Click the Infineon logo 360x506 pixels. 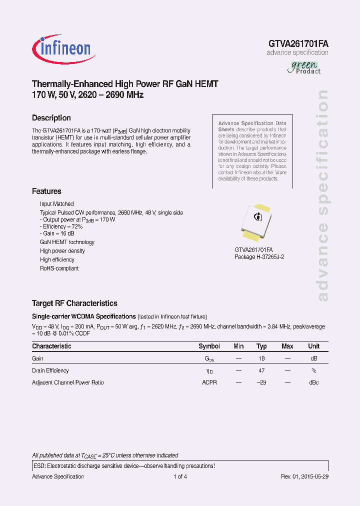[x=62, y=48]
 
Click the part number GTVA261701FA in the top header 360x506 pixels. [x=298, y=43]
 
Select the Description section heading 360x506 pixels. [x=51, y=118]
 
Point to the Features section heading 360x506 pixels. [x=46, y=191]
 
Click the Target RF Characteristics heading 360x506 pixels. [x=74, y=303]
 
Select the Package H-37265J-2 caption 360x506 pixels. [x=259, y=256]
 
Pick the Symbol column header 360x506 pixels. [x=209, y=346]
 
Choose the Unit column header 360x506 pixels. [x=313, y=346]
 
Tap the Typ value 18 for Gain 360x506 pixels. [x=261, y=358]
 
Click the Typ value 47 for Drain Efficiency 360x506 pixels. [x=261, y=370]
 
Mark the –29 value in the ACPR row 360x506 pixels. [x=261, y=382]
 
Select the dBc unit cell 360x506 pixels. [x=313, y=382]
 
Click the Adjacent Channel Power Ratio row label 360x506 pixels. [x=68, y=382]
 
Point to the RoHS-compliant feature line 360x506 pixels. [x=59, y=268]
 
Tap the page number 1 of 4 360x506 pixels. [x=180, y=476]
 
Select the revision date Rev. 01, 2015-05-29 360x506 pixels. [x=304, y=476]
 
